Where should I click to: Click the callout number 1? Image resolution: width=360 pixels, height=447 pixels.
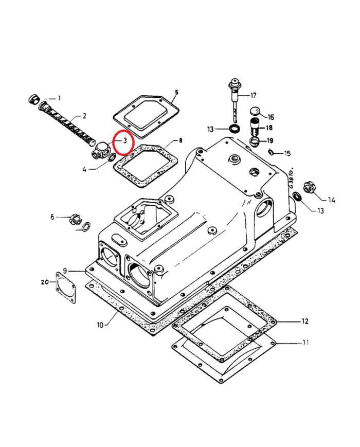(x=59, y=98)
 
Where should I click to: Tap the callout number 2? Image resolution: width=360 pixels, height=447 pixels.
(x=84, y=116)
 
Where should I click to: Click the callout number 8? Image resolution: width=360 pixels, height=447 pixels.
(x=180, y=140)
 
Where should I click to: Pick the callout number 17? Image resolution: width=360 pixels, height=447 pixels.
(x=253, y=96)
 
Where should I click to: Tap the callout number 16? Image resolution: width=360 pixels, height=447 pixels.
(x=271, y=117)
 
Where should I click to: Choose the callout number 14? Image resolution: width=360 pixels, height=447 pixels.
(x=331, y=200)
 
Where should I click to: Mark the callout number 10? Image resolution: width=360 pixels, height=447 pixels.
(x=100, y=325)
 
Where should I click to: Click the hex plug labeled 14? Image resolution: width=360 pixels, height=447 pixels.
(x=310, y=187)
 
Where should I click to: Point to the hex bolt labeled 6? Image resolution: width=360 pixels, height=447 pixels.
(x=75, y=219)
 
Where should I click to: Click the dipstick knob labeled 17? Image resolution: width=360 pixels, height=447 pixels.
(x=235, y=83)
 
